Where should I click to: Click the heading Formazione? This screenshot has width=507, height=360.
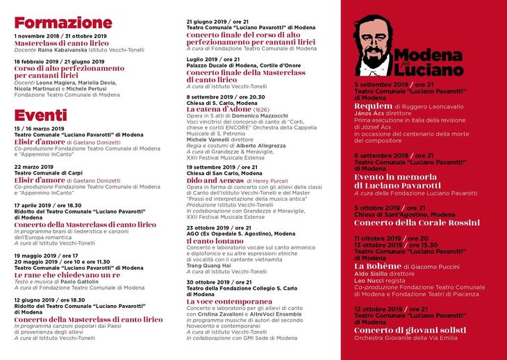point(63,23)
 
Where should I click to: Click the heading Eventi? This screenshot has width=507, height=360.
point(41,115)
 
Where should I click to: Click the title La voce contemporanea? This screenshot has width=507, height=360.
point(228,302)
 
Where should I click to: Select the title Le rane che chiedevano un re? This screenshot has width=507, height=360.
point(67,275)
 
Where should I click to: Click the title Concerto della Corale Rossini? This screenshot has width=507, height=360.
point(417,222)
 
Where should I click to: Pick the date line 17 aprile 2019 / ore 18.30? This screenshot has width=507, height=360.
point(48,206)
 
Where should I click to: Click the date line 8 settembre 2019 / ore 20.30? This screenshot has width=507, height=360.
point(226,97)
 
